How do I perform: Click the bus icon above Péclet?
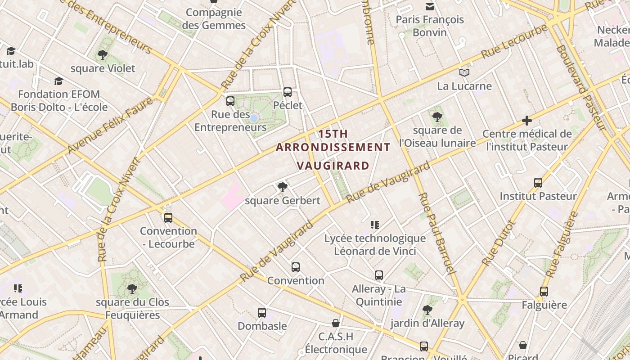click(x=288, y=92)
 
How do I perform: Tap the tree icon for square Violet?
click(x=103, y=55)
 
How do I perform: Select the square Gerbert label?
click(x=283, y=201)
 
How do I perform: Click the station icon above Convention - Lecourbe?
click(x=168, y=218)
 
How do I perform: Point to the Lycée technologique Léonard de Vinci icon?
click(x=374, y=225)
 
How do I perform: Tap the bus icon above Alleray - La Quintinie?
click(x=379, y=275)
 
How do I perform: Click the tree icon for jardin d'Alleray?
click(x=427, y=310)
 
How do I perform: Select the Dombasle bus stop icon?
click(x=262, y=312)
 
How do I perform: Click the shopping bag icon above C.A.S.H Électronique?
click(x=336, y=323)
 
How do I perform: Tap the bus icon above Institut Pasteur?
click(x=538, y=183)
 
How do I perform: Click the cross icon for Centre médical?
click(x=527, y=121)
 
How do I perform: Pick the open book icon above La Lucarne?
click(x=464, y=72)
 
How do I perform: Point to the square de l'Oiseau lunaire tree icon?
click(x=437, y=117)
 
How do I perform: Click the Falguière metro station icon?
click(x=544, y=292)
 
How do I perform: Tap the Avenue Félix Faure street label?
click(x=110, y=126)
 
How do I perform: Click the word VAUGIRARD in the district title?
click(x=333, y=166)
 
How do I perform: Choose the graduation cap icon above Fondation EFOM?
click(x=58, y=81)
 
